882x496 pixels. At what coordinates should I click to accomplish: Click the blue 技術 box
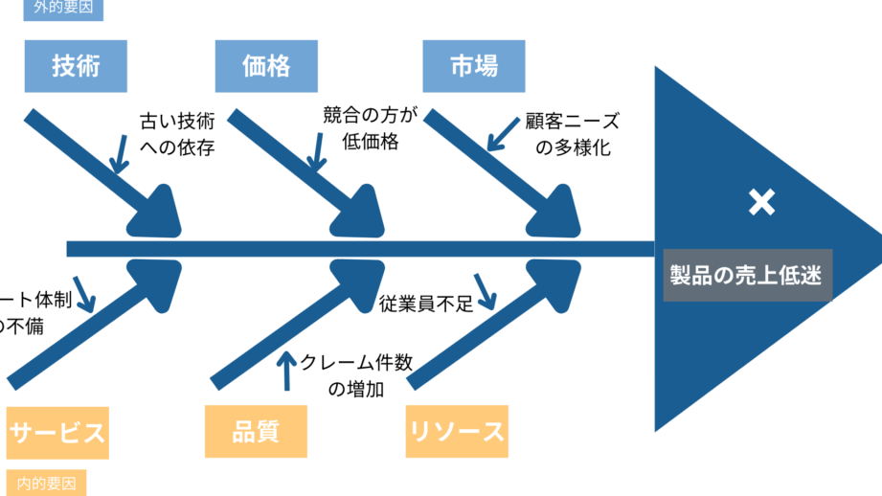[76, 66]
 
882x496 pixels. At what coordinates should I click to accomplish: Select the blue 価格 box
[266, 66]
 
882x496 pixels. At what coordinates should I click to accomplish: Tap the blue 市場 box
[473, 66]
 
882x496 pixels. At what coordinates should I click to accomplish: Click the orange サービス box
[57, 432]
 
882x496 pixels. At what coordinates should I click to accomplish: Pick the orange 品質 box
[256, 431]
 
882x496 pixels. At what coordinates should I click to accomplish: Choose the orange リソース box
[457, 431]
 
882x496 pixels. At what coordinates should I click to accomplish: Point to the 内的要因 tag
[46, 484]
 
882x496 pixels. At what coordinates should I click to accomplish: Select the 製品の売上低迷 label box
[746, 276]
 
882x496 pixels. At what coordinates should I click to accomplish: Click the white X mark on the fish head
[761, 202]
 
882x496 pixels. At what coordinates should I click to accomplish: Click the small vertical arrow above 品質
[285, 372]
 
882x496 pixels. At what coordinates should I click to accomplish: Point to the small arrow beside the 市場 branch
[503, 135]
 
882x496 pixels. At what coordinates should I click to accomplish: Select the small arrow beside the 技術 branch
[119, 153]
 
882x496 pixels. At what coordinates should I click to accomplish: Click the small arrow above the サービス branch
[83, 295]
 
